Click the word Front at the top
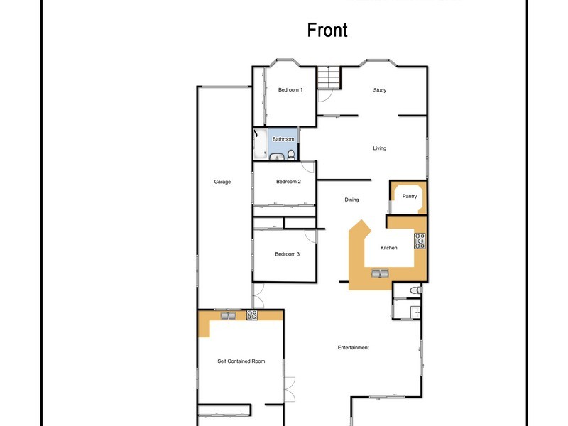point(327,31)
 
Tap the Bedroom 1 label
point(290,90)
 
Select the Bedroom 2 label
point(288,182)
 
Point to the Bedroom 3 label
point(288,254)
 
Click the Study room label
point(380,90)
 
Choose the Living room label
point(380,148)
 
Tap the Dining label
point(351,200)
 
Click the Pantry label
point(410,196)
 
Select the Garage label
point(222,182)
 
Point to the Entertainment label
point(353,347)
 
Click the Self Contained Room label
point(241,361)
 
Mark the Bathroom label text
point(283,139)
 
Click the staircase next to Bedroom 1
point(329,78)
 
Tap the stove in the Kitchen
point(420,241)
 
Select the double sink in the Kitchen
point(380,273)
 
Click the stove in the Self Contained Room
point(251,315)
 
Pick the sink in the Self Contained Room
point(229,315)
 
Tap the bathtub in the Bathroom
point(260,145)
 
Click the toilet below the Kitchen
point(417,290)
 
